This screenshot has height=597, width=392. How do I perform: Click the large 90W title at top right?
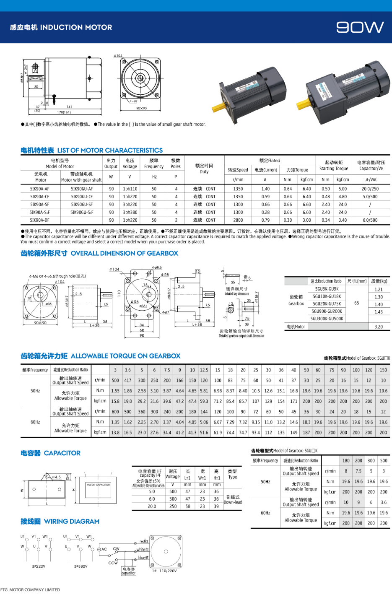click(x=360, y=27)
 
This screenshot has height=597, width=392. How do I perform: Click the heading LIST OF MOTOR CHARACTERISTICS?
click(x=110, y=150)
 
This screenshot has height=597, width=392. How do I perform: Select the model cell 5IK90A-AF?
click(x=40, y=189)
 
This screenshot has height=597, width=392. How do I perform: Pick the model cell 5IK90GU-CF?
click(x=82, y=197)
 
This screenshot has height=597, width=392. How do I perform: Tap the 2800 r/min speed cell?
click(x=238, y=220)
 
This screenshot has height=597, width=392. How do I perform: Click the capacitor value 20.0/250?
click(x=370, y=189)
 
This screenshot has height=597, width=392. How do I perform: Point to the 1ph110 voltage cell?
click(x=130, y=189)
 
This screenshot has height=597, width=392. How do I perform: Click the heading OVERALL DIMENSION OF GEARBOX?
click(x=124, y=253)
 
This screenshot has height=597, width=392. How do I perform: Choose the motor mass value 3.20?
click(x=379, y=327)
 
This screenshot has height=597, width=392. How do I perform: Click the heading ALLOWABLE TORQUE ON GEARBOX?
click(x=125, y=356)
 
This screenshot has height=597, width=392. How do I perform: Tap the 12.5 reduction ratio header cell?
click(x=204, y=370)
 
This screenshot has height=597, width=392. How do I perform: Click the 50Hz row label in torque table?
click(x=35, y=391)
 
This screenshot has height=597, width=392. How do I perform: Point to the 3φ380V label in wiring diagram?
click(x=81, y=566)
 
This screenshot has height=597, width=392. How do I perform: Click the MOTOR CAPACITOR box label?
click(x=98, y=485)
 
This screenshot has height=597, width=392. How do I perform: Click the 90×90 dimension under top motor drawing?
click(x=141, y=109)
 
